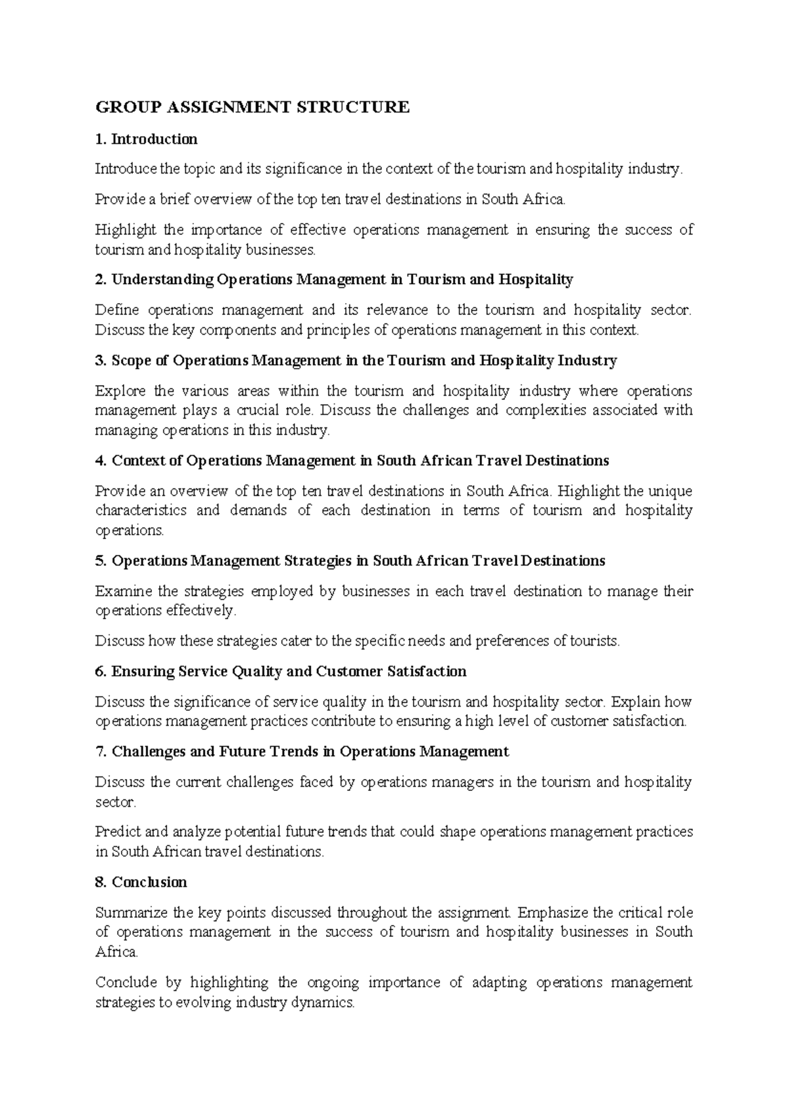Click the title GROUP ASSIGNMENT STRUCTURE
(252, 107)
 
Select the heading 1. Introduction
(146, 139)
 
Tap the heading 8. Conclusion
(141, 882)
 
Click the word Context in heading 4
(137, 460)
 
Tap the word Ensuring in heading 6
(137, 671)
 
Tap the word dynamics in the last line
(325, 1003)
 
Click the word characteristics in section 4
(141, 511)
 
